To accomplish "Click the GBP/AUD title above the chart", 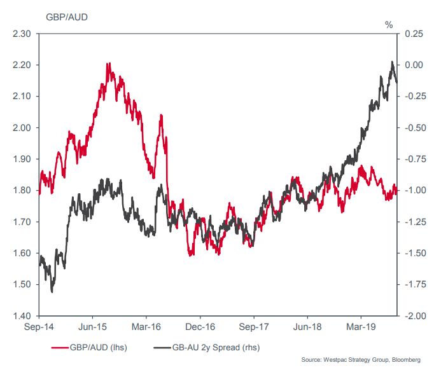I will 67,16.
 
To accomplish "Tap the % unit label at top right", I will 389,25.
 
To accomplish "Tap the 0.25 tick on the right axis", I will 414,34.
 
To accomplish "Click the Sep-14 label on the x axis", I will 39,328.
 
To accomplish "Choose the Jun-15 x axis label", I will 92,328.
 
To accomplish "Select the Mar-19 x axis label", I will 360,328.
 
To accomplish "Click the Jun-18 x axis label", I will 307,328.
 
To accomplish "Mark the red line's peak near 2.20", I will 109,64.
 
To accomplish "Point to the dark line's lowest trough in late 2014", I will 52,291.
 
